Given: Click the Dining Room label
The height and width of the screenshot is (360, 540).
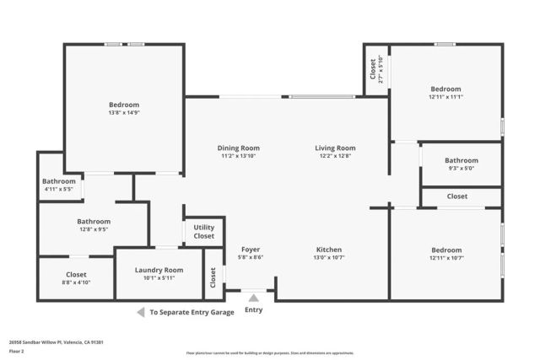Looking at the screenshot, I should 239,148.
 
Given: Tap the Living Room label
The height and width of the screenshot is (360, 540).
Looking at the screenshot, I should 335,148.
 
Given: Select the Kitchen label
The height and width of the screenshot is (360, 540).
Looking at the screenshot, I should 328,250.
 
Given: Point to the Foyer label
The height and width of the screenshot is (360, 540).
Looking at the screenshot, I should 251,250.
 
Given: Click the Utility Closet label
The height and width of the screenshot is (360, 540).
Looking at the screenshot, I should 204,232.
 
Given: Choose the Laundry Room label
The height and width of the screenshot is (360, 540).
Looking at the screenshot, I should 159,270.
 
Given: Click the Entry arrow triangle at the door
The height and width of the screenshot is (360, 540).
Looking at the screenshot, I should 253,297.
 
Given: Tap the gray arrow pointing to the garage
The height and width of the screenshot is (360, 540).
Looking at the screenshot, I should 140,312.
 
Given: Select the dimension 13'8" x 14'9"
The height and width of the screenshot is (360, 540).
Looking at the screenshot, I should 123,113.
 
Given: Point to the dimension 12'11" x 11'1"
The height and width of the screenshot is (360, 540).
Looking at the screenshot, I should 445,97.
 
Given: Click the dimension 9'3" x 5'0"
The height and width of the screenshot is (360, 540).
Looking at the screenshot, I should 462,169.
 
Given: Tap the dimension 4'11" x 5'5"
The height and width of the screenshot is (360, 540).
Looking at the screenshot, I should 58,189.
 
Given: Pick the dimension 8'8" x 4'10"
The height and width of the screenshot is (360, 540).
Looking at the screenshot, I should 76,282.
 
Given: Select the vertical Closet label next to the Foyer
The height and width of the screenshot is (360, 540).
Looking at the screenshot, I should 213,275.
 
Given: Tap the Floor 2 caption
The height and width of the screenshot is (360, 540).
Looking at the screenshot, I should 16,351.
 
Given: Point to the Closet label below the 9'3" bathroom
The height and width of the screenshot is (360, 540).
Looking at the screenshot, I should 457,196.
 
